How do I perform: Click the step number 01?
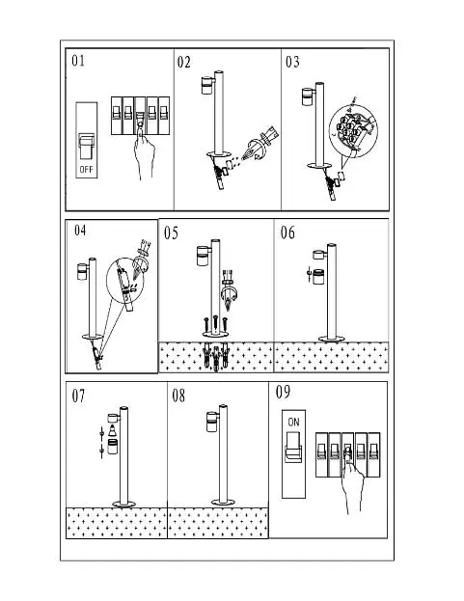coord(78,61)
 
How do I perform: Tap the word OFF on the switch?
coord(86,169)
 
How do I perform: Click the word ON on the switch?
coord(293,422)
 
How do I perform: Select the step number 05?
coord(171,233)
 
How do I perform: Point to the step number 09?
coord(284,392)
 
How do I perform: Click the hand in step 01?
coord(144,151)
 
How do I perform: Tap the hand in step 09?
coord(352,481)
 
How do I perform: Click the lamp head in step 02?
coord(207,86)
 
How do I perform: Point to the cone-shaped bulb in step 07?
coord(112,430)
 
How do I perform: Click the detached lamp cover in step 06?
coord(318,277)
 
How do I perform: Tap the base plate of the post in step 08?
coord(223,502)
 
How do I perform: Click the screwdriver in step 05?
coord(229,290)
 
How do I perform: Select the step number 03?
coord(292,62)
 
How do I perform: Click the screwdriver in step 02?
coord(259,145)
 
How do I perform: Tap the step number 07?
coord(78,396)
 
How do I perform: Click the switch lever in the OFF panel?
coord(86,146)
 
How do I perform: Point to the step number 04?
coord(80,231)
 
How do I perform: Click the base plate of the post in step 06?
coord(332,339)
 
